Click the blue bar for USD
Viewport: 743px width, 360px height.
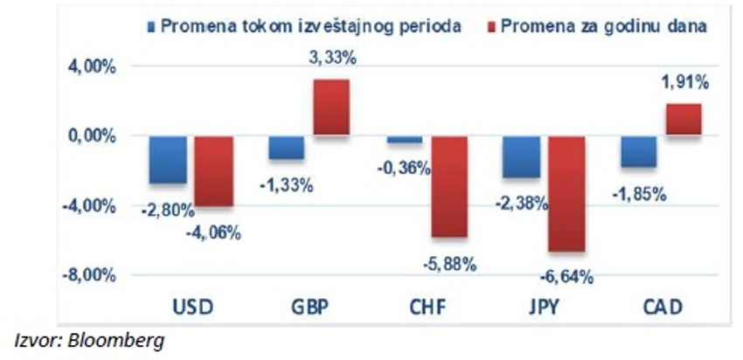click(x=168, y=159)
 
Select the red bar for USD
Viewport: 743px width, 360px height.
click(x=213, y=170)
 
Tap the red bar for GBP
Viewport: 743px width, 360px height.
click(x=331, y=107)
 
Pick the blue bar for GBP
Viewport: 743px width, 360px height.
click(x=286, y=147)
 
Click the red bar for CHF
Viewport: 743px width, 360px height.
click(x=449, y=186)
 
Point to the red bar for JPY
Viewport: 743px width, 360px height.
click(x=566, y=193)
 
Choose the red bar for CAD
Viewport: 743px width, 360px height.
click(x=684, y=119)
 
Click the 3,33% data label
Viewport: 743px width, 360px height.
click(x=331, y=59)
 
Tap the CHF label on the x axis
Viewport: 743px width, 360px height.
click(x=427, y=308)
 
